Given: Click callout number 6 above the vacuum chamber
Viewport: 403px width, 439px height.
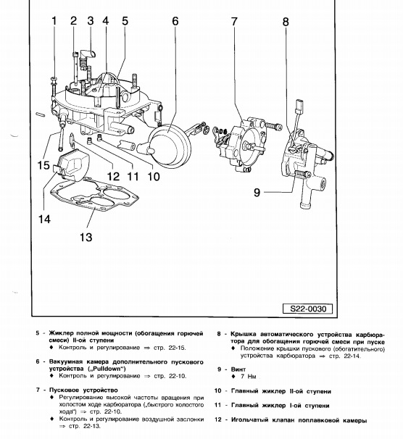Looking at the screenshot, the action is (x=175, y=21).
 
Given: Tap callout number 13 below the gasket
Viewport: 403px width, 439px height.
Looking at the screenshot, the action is (x=86, y=237).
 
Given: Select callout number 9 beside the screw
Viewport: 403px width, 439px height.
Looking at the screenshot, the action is (x=257, y=193).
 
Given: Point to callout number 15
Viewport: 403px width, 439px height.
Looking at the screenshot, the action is (x=43, y=165).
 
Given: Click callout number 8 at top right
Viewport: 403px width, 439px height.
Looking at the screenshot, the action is (x=286, y=22).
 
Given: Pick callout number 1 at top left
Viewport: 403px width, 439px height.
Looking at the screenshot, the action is (x=54, y=21).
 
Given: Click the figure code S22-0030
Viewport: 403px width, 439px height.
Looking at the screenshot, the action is (x=308, y=309).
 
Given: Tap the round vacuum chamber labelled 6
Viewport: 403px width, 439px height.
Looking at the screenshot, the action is (x=170, y=147).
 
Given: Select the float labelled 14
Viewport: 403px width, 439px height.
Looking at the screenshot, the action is (x=72, y=164).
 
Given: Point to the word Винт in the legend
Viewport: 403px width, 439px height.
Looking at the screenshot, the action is (x=238, y=369).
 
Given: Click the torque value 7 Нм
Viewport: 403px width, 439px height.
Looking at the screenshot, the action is (x=248, y=377).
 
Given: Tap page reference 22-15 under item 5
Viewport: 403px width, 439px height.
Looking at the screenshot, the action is (x=177, y=348).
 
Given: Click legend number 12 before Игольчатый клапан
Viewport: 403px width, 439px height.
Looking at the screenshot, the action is (x=218, y=419).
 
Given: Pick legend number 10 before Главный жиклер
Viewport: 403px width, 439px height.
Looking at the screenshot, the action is (x=218, y=391).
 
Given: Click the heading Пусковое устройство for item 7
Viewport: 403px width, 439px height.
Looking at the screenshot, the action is (x=83, y=390).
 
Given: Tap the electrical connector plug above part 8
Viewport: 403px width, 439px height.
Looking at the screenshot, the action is (x=299, y=106).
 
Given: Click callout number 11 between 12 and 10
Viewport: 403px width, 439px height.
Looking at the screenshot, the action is (x=133, y=177).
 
